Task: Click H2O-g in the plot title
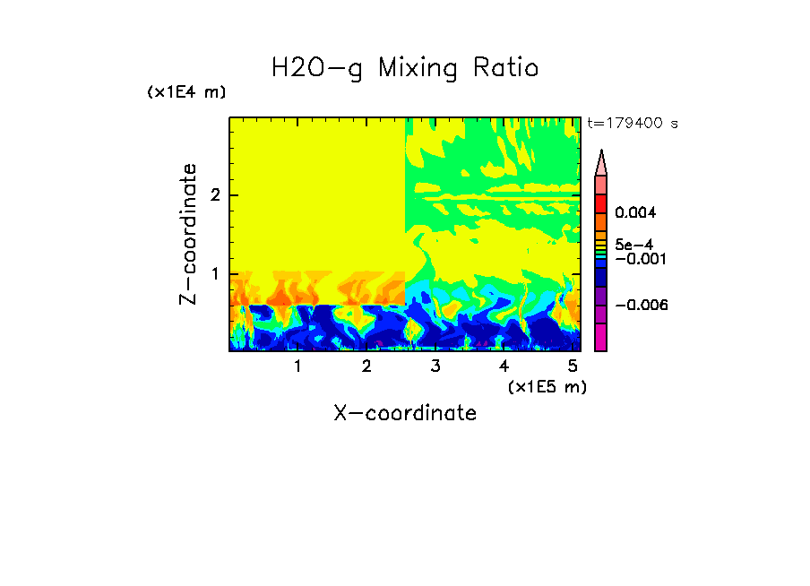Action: point(318,68)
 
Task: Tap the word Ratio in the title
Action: point(508,67)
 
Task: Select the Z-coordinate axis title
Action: point(188,234)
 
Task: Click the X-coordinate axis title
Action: point(405,413)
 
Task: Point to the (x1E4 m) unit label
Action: point(186,92)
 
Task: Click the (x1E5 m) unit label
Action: point(547,386)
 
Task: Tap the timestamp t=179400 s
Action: point(632,124)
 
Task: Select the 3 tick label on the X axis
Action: point(435,366)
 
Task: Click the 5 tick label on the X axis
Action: point(573,366)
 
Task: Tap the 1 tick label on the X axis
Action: point(297,366)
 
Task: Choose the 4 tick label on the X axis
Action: point(504,366)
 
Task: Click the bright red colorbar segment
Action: point(600,203)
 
